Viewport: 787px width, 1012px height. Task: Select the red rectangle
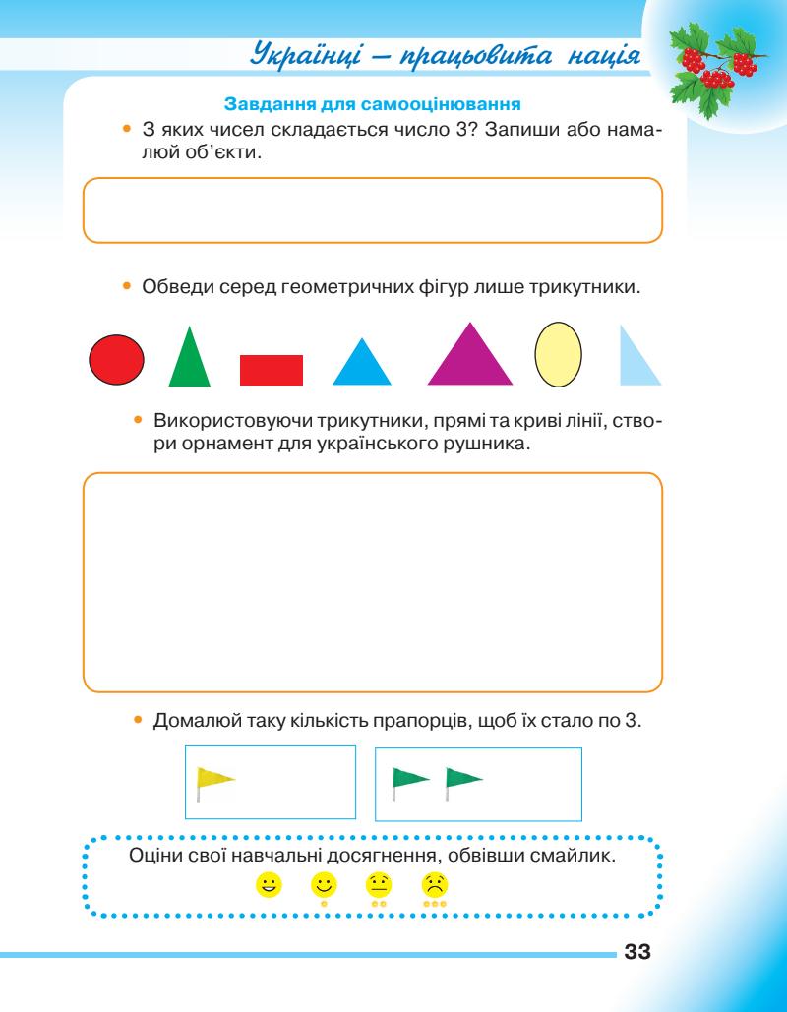272,369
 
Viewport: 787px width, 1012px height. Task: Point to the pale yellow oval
559,354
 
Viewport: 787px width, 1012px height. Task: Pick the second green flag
461,779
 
